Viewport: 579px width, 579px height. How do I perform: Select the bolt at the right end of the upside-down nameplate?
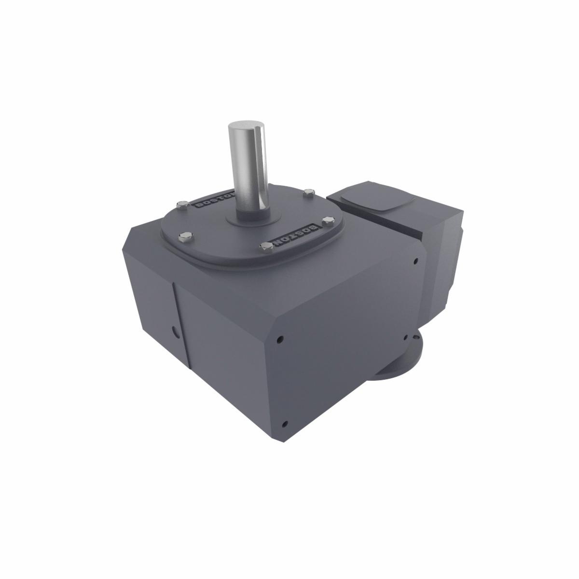pos(329,221)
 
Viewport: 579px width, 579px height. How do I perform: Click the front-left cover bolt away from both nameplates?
pos(184,236)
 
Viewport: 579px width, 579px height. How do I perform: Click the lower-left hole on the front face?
pos(285,424)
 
